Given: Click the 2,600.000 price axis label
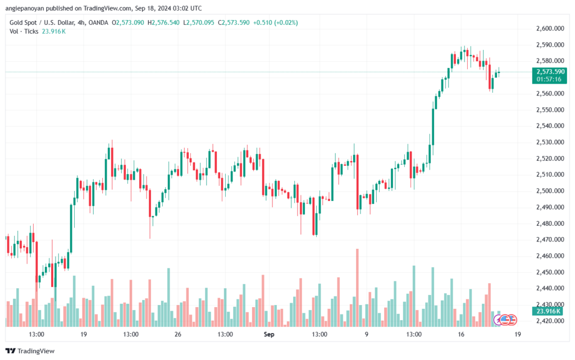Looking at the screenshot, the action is pyautogui.click(x=550, y=28).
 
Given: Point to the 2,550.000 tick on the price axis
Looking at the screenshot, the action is pyautogui.click(x=550, y=110).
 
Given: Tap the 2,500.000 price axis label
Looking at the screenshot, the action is pyautogui.click(x=550, y=190).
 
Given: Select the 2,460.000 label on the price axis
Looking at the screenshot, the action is pyautogui.click(x=550, y=256).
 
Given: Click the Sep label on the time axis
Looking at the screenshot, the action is pyautogui.click(x=269, y=334).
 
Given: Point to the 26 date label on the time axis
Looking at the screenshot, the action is pyautogui.click(x=178, y=334).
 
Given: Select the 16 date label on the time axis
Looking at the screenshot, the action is pyautogui.click(x=461, y=334).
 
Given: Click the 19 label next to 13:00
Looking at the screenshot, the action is pyautogui.click(x=84, y=334).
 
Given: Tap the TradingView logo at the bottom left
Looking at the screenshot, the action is pyautogui.click(x=30, y=351).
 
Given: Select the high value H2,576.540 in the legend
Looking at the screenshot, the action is pyautogui.click(x=163, y=22).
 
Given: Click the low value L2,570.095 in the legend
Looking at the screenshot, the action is pyautogui.click(x=198, y=22).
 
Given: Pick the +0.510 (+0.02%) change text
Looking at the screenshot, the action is pyautogui.click(x=275, y=22).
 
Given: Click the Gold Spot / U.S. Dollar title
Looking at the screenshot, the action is pyautogui.click(x=42, y=22).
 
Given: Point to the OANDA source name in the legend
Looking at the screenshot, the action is pyautogui.click(x=98, y=22).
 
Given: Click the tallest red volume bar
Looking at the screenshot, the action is pyautogui.click(x=357, y=288).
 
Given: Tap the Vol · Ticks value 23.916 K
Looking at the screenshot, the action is pyautogui.click(x=53, y=31).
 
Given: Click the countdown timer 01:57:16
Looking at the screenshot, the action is pyautogui.click(x=549, y=79).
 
